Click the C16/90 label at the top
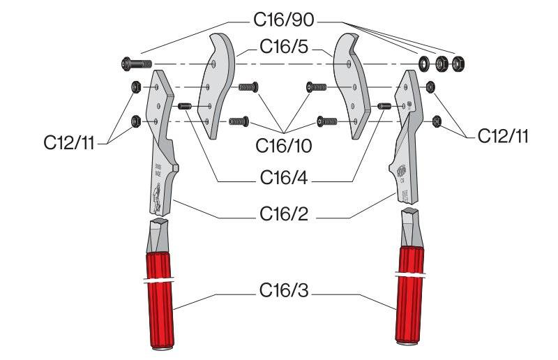(x=284, y=20)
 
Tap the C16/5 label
(x=284, y=47)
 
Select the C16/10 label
(x=284, y=146)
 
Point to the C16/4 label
(x=284, y=178)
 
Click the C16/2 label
(x=284, y=214)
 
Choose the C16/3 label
(x=284, y=290)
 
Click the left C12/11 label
(x=69, y=143)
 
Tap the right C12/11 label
(x=503, y=136)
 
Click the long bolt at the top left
(x=137, y=64)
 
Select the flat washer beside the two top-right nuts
(x=423, y=64)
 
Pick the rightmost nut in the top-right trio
(x=458, y=64)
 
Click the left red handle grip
(x=160, y=301)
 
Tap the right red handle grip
(x=410, y=295)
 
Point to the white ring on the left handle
(x=159, y=280)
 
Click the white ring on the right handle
(x=410, y=275)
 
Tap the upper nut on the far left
(x=136, y=87)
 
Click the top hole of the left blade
(x=213, y=64)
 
